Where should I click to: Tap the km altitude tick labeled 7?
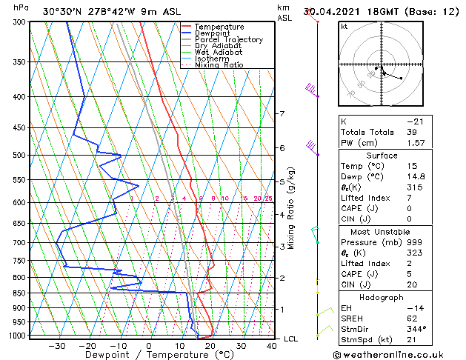click(x=282, y=113)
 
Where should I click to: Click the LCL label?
click(x=291, y=339)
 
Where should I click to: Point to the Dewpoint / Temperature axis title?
click(x=149, y=356)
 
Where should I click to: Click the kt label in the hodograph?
click(x=344, y=27)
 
